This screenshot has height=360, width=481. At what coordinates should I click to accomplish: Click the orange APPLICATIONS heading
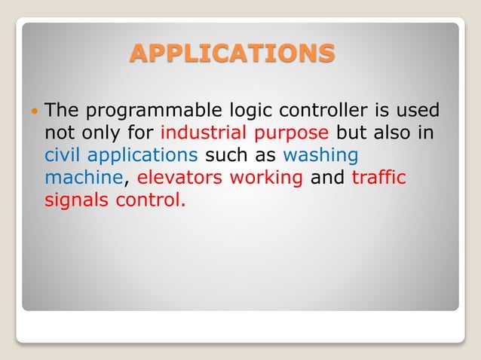click(x=232, y=53)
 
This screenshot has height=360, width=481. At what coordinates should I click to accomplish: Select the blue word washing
click(x=320, y=157)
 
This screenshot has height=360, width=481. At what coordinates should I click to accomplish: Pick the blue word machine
click(x=82, y=178)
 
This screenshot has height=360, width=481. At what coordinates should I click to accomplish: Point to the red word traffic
click(x=379, y=178)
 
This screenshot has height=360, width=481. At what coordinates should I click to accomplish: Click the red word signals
click(x=76, y=201)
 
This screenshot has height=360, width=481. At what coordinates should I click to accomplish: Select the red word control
click(x=150, y=200)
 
